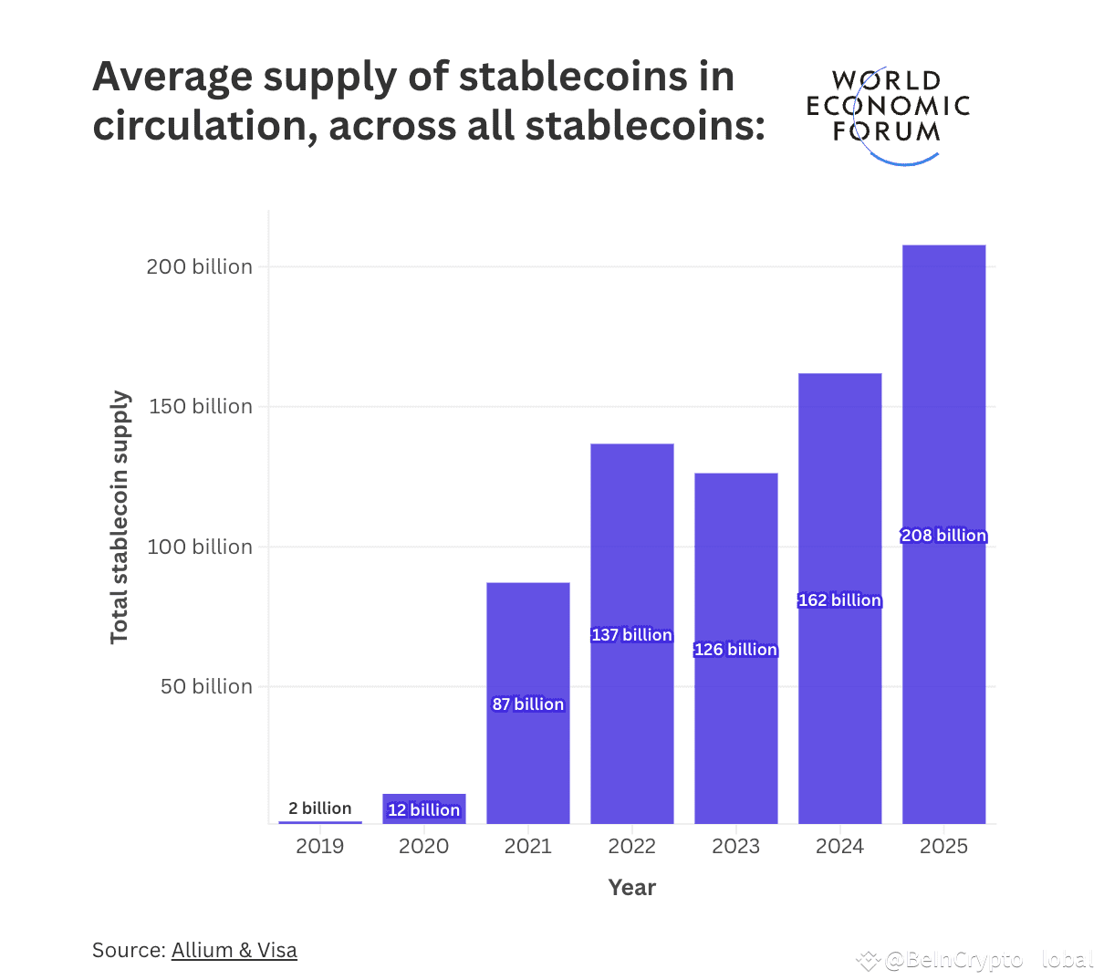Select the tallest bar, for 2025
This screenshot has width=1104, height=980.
coord(943,411)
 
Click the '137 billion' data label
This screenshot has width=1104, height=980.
coord(631,635)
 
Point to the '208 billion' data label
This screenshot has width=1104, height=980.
coord(943,536)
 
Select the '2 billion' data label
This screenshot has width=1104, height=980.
coord(319,808)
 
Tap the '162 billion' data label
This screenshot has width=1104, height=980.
coord(839,600)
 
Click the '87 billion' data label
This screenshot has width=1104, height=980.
coord(527,704)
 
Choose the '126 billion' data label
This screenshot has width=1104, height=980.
coord(735,650)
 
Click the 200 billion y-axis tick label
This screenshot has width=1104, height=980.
coord(199,267)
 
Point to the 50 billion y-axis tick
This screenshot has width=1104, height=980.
coord(206,687)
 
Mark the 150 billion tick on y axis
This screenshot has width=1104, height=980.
coord(200,407)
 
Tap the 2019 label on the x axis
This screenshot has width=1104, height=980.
coord(319,847)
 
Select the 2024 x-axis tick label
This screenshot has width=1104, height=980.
coord(839,847)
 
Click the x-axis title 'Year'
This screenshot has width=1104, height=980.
coord(631,888)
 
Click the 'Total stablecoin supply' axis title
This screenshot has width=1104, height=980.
coord(120,517)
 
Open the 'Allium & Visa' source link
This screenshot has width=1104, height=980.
coord(234,951)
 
